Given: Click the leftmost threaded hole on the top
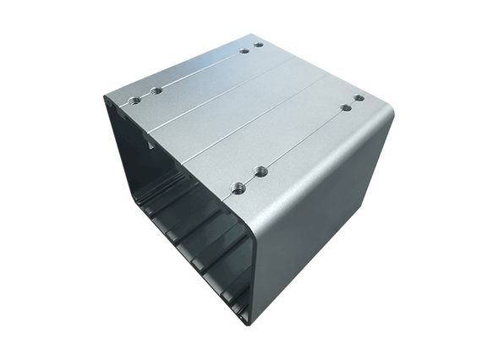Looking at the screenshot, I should pyautogui.click(x=134, y=99).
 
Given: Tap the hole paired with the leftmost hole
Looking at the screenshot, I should pyautogui.click(x=156, y=90).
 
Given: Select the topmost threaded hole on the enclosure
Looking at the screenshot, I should pyautogui.click(x=259, y=44).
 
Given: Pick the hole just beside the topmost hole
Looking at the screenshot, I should pyautogui.click(x=244, y=51).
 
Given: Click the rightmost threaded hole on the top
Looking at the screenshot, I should pyautogui.click(x=359, y=98).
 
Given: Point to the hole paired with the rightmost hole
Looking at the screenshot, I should pyautogui.click(x=345, y=107).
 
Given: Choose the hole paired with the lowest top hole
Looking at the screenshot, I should pyautogui.click(x=260, y=172).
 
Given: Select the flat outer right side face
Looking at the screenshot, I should pyautogui.click(x=321, y=228).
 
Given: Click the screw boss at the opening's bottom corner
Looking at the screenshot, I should pyautogui.click(x=245, y=319).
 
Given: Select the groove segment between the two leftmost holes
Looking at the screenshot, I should pyautogui.click(x=145, y=95).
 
